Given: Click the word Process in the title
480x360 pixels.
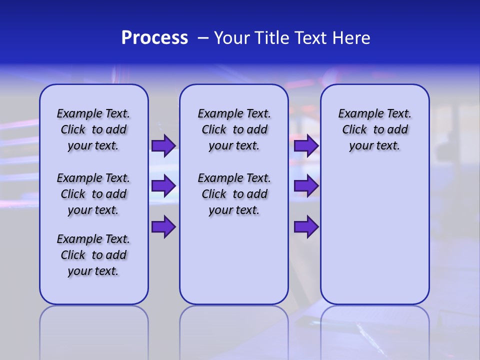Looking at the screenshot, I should (154, 38).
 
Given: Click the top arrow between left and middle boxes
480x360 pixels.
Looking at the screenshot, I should (163, 145).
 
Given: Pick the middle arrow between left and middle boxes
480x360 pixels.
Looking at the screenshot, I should (163, 186).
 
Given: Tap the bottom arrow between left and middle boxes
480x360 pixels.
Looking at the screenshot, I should (163, 227).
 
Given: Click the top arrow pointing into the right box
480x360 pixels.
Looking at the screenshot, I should (306, 145).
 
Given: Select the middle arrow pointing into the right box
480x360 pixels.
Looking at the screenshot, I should (306, 186).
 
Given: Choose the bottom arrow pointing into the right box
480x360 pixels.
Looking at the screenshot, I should (306, 227).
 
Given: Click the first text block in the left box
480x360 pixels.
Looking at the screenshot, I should (93, 129).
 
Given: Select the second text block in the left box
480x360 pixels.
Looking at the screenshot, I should (93, 194).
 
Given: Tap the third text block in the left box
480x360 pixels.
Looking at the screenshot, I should (93, 255).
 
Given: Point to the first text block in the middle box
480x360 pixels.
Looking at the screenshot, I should (234, 129).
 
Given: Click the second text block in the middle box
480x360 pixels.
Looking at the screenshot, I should (234, 194).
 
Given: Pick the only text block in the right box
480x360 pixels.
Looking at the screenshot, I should (374, 129).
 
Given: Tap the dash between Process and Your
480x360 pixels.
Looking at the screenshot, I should (203, 38).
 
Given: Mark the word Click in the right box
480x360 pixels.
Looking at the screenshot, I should (354, 130).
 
